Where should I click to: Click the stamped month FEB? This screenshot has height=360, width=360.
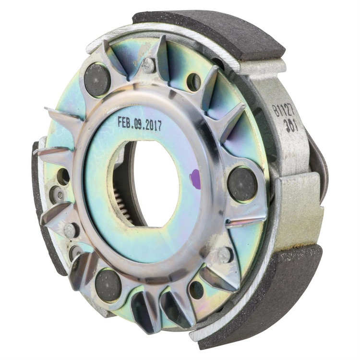125,122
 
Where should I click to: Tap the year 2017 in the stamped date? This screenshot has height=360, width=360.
153,126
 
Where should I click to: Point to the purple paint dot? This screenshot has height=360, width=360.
195,176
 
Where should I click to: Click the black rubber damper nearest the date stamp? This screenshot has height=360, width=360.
97,79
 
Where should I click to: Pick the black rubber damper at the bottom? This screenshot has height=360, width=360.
108,285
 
